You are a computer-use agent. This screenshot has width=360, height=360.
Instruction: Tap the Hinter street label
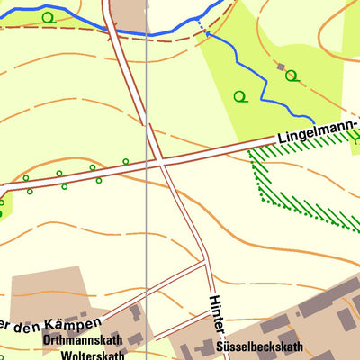point(216,316)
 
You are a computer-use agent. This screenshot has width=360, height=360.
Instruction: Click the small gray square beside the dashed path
point(282,67)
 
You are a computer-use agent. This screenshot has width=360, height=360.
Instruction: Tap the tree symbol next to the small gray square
point(292,76)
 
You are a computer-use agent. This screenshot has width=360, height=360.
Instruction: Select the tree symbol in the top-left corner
point(47,17)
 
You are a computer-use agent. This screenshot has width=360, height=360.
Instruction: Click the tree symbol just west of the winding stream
point(239,96)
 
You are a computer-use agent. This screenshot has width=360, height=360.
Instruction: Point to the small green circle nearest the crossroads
point(125,162)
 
